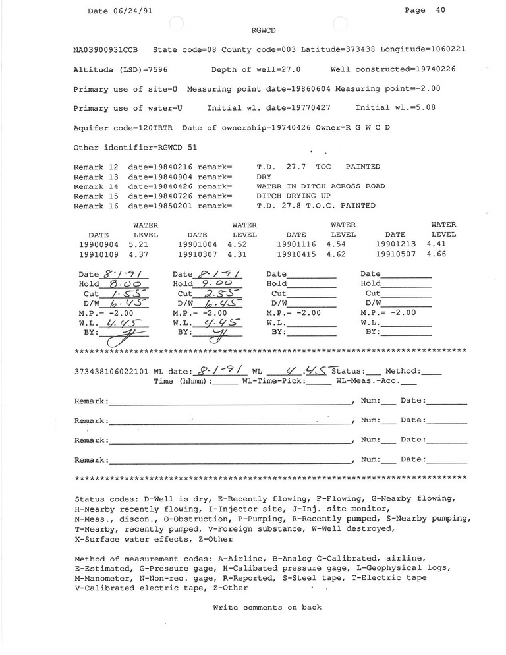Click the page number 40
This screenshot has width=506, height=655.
pyautogui.click(x=441, y=10)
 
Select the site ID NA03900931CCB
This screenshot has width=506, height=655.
pyautogui.click(x=105, y=50)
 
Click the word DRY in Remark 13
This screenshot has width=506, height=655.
pyautogui.click(x=264, y=177)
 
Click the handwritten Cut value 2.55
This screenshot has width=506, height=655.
pyautogui.click(x=217, y=293)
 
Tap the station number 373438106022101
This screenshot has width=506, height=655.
pyautogui.click(x=113, y=372)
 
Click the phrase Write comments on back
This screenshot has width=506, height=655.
pyautogui.click(x=267, y=607)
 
